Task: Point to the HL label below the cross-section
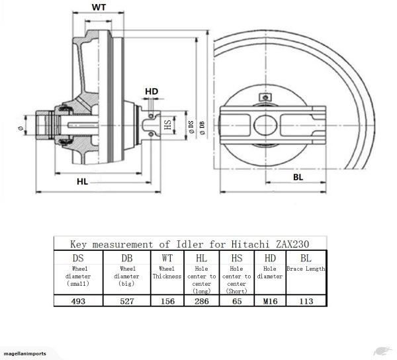pyautogui.click(x=81, y=180)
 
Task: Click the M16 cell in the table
pyautogui.click(x=270, y=300)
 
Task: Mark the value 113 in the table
pyautogui.click(x=306, y=300)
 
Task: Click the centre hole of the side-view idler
pyautogui.click(x=267, y=123)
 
